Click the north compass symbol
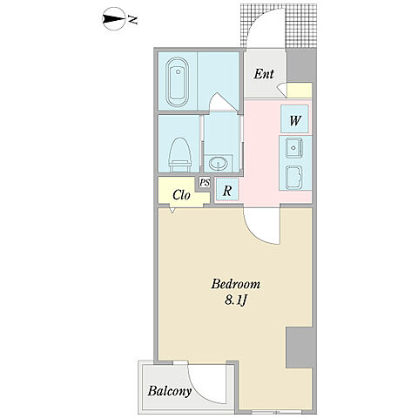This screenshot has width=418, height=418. click(114, 19)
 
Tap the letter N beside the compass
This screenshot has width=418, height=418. click(133, 20)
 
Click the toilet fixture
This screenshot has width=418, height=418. click(180, 155)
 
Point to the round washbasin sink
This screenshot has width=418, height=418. click(218, 164)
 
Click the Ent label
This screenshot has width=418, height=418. click(264, 74)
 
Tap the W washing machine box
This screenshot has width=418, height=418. click(294, 119)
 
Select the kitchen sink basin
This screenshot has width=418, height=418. click(294, 148)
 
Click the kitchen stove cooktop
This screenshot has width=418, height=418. click(293, 178)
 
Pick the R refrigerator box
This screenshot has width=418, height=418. click(227, 190)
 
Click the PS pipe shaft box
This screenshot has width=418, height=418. click(205, 183)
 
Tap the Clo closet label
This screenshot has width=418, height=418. click(181, 195)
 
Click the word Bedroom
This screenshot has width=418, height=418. click(235, 284)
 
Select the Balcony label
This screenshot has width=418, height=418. click(170, 392)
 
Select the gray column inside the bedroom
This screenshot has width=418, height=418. click(299, 347)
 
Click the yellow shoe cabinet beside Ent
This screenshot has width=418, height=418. click(300, 91)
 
